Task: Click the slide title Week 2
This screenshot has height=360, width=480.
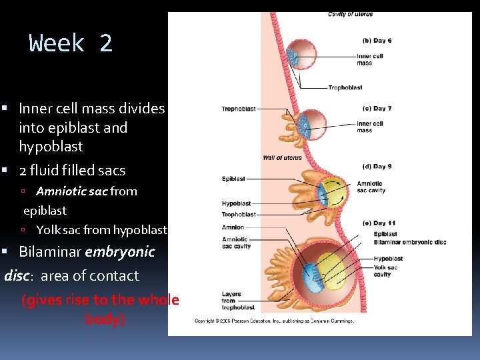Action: click(x=71, y=44)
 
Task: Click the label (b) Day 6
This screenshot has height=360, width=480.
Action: click(x=377, y=41)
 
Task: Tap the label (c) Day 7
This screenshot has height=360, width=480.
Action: click(x=377, y=108)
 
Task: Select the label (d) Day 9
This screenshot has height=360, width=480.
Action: click(x=377, y=166)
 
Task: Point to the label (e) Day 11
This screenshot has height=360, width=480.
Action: click(x=379, y=223)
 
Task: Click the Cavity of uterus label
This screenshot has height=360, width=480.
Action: click(x=351, y=15)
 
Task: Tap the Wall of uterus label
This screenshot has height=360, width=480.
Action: click(x=282, y=158)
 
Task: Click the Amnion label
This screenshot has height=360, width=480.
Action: click(x=233, y=227)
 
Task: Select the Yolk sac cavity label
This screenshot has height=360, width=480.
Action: click(x=385, y=271)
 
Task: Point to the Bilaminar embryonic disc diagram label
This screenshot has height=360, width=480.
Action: click(x=409, y=242)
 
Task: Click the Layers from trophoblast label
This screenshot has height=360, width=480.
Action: click(x=238, y=301)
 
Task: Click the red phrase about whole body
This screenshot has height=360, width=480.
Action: click(x=101, y=309)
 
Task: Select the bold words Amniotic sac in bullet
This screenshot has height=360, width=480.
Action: click(x=72, y=191)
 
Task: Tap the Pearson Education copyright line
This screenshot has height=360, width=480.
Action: click(x=273, y=321)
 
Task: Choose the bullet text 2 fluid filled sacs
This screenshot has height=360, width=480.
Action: click(x=72, y=171)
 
